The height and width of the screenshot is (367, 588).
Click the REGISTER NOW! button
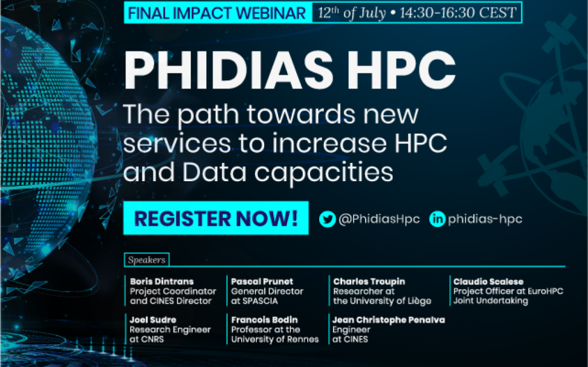click(216, 218)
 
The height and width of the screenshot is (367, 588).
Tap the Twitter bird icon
click(327, 219)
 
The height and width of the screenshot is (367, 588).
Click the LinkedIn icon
click(437, 219)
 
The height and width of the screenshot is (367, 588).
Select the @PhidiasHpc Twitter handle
click(379, 219)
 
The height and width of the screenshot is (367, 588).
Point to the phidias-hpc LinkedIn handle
click(485, 219)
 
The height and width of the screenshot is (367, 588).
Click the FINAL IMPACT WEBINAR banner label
click(217, 13)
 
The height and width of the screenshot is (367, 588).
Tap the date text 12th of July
click(352, 13)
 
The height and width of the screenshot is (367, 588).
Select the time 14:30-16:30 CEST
click(458, 13)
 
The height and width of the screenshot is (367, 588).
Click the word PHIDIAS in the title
click(229, 71)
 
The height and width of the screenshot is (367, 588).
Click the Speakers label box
click(146, 260)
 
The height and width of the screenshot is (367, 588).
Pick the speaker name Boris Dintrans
click(161, 281)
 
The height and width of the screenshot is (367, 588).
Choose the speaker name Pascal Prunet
click(262, 281)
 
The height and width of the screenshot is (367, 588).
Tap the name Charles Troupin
click(369, 281)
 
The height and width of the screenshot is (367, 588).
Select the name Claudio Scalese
click(488, 281)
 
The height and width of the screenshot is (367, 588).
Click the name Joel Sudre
click(153, 320)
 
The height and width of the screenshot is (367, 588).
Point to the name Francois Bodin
click(264, 320)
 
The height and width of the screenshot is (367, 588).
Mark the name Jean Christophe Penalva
click(389, 320)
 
